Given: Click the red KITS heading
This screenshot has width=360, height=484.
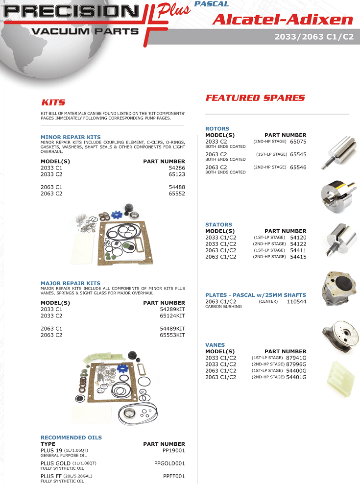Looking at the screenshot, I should (53, 102).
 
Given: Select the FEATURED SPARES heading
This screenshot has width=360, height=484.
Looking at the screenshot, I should (255, 98).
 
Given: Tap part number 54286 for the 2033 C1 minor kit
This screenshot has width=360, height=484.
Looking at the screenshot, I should (176, 168).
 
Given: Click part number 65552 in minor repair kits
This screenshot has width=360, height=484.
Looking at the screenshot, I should (176, 194).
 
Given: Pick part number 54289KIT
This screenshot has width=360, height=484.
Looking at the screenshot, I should (172, 310).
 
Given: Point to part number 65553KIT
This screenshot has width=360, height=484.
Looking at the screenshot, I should (172, 335).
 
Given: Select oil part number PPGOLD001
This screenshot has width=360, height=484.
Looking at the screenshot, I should (169, 463).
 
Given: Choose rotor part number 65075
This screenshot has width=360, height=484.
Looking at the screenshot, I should (298, 142).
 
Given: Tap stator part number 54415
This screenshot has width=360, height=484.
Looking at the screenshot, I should (298, 257).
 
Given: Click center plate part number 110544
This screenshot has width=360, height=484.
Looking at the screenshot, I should (296, 302).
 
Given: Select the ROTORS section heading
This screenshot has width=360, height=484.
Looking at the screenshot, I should (217, 129).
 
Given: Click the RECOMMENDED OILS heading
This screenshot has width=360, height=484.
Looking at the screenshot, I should (71, 437).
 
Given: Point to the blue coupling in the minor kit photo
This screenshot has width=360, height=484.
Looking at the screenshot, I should (116, 215).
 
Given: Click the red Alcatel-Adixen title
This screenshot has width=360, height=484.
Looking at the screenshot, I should (283, 20).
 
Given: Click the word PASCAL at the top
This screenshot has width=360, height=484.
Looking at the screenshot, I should (211, 4).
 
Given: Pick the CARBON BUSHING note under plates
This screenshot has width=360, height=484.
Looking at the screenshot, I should (223, 307).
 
